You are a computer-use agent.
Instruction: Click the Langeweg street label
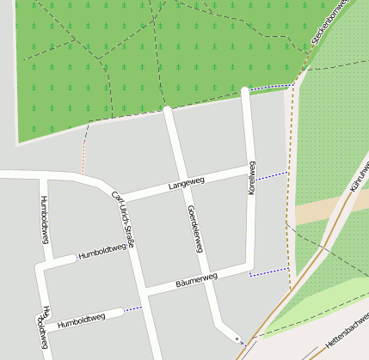(x=187, y=183)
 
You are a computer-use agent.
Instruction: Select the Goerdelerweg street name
(x=194, y=229)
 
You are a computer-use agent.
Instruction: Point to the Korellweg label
(x=251, y=179)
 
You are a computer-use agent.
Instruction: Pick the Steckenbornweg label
(x=332, y=22)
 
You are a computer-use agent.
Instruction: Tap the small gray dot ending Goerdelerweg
(x=236, y=339)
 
